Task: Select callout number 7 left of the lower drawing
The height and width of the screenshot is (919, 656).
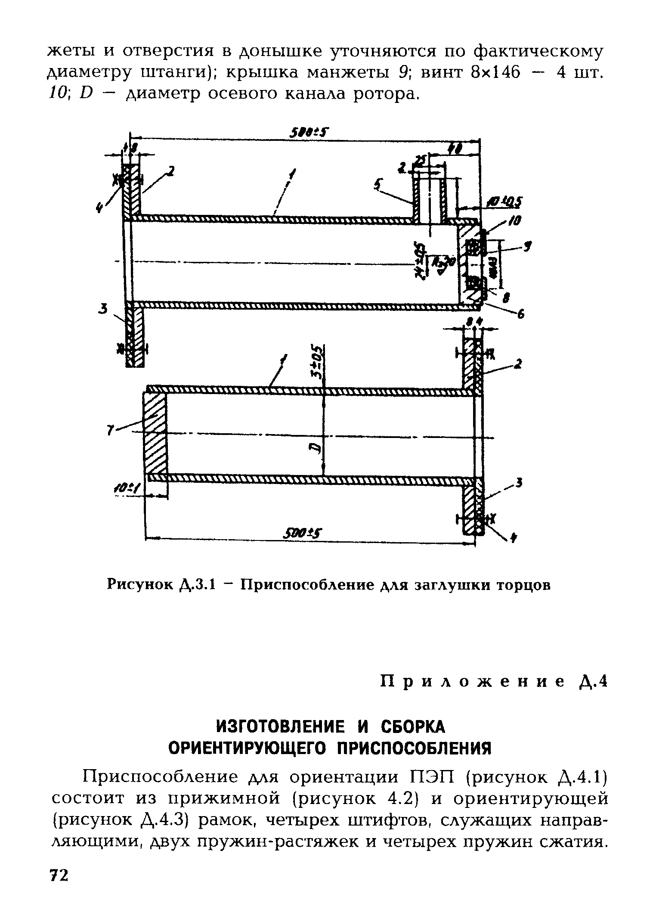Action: point(110,429)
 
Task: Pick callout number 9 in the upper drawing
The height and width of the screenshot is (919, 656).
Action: point(528,247)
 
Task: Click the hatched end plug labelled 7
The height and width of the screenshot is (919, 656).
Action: point(155,435)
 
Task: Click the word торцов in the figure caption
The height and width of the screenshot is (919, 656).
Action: point(523,586)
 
